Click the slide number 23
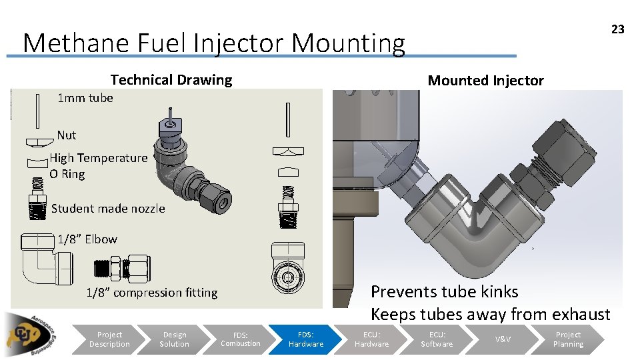pyautogui.click(x=618, y=29)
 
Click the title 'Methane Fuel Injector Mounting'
pyautogui.click(x=213, y=43)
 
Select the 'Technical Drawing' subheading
pyautogui.click(x=171, y=80)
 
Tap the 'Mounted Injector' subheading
pyautogui.click(x=485, y=81)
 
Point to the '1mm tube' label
pyautogui.click(x=85, y=98)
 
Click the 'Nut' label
pyautogui.click(x=67, y=135)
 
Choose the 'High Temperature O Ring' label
pyautogui.click(x=98, y=166)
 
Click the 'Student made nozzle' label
pyautogui.click(x=108, y=209)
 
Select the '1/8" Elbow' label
pyautogui.click(x=87, y=239)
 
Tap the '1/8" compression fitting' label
pyautogui.click(x=152, y=293)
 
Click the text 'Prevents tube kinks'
pyautogui.click(x=444, y=292)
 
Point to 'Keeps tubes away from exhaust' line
pyautogui.click(x=490, y=314)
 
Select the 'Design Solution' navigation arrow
pyautogui.click(x=174, y=339)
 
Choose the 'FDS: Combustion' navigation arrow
pyautogui.click(x=241, y=339)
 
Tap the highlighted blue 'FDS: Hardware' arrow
pyautogui.click(x=306, y=339)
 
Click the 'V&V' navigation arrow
pyautogui.click(x=503, y=339)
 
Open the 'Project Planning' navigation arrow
pyautogui.click(x=568, y=339)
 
